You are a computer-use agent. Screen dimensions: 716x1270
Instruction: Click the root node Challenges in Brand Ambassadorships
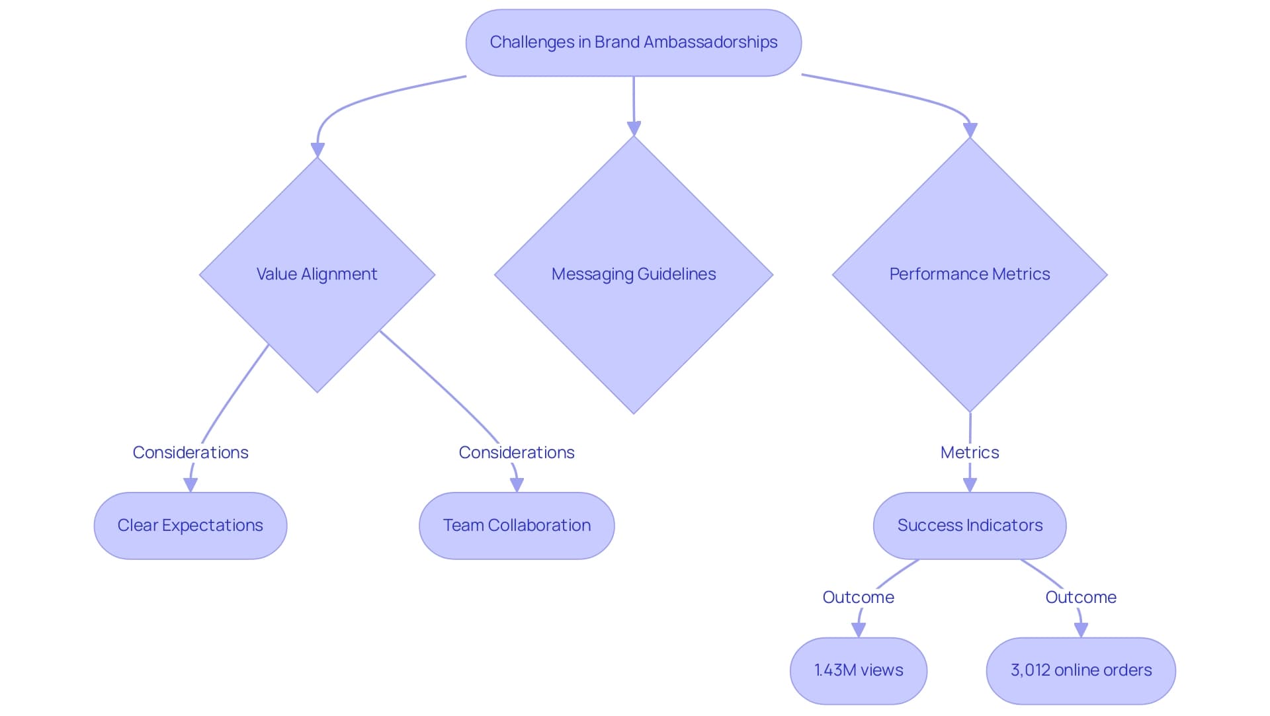633,42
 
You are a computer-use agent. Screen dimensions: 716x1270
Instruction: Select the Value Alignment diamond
317,274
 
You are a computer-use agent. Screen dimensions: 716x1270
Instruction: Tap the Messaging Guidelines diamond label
633,274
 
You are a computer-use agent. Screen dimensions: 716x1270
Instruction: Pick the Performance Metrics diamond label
969,274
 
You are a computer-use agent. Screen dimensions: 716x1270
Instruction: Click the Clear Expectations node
190,525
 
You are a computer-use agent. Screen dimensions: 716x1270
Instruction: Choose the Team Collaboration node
517,525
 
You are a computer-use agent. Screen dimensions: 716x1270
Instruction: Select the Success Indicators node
969,525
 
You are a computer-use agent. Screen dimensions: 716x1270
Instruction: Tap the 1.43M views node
858,670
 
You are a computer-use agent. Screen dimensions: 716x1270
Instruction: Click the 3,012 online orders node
1080,670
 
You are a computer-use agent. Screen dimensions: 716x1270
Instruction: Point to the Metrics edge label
969,452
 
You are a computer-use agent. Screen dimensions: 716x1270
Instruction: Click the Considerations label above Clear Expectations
190,452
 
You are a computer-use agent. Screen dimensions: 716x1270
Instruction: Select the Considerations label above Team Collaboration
517,452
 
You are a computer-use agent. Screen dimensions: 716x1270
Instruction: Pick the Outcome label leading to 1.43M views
858,597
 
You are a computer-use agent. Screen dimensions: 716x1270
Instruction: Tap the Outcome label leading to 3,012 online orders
1080,597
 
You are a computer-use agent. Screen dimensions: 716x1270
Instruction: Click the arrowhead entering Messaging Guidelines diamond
634,129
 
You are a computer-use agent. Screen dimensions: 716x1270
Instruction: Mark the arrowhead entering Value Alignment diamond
317,150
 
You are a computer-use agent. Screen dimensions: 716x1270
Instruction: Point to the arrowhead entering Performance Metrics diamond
970,130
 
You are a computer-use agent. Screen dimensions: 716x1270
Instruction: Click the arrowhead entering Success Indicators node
970,485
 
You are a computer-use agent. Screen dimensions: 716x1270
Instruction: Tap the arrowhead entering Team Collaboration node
517,485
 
